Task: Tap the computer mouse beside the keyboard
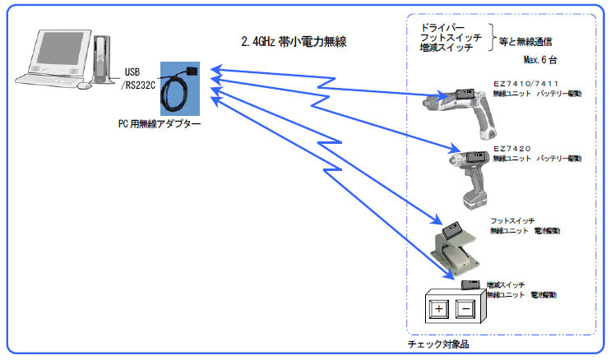[85, 85]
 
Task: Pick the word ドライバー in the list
[443, 26]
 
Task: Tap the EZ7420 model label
[512, 148]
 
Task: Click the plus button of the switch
[438, 310]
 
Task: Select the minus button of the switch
[465, 310]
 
